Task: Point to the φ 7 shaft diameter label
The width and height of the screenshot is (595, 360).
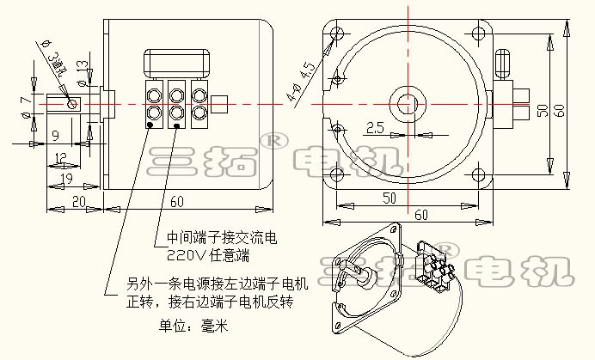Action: tap(26, 106)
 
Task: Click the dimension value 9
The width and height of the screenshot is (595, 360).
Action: tap(54, 134)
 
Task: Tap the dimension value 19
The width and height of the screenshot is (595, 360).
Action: tap(66, 179)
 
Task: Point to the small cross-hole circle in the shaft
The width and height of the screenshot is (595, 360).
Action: tap(73, 105)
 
